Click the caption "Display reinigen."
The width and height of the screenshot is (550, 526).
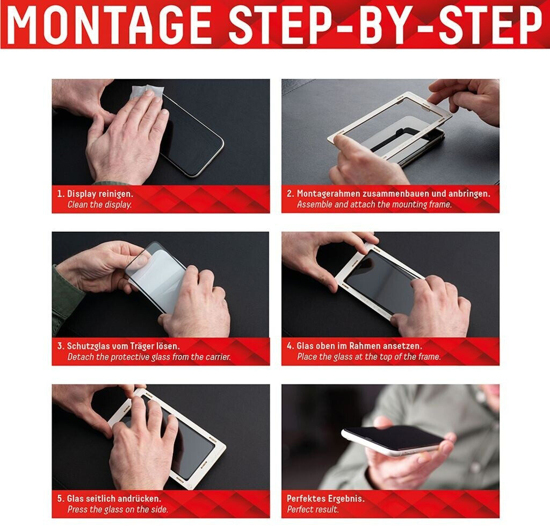pyautogui.click(x=100, y=194)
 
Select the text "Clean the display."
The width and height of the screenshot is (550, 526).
pyautogui.click(x=99, y=204)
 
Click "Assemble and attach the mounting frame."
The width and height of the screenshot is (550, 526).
pyautogui.click(x=374, y=204)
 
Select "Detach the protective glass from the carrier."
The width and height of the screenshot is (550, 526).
pyautogui.click(x=149, y=357)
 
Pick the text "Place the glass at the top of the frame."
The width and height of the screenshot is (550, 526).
pyautogui.click(x=368, y=357)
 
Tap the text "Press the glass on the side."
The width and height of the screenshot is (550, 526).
pyautogui.click(x=118, y=509)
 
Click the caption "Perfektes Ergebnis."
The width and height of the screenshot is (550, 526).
pyautogui.click(x=325, y=499)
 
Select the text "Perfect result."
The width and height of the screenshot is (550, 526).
pyautogui.click(x=313, y=509)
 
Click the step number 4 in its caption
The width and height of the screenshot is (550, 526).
pyautogui.click(x=290, y=346)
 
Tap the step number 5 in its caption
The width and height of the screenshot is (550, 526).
pyautogui.click(x=60, y=499)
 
